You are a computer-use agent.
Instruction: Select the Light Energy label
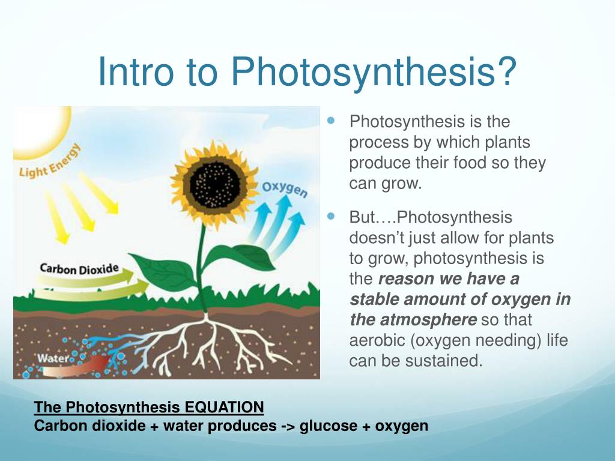[x=51, y=161]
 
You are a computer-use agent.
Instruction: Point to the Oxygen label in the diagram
[x=285, y=189]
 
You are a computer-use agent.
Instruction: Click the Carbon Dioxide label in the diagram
[x=79, y=268]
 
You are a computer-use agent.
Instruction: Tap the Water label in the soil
[x=55, y=358]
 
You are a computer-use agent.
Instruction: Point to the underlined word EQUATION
[x=224, y=408]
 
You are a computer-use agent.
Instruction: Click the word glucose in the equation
[x=328, y=426]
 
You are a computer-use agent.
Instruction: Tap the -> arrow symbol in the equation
[x=286, y=426]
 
